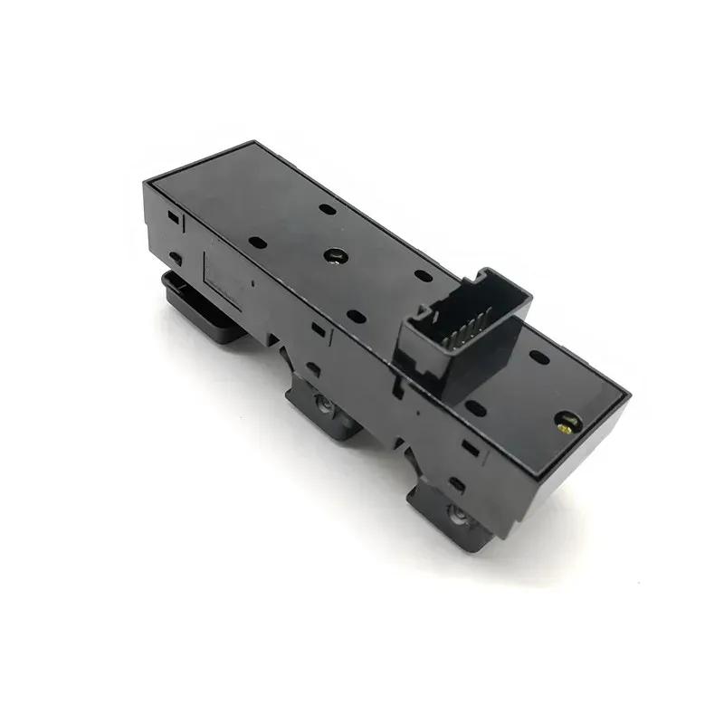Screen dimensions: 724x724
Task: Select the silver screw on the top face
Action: point(335,255)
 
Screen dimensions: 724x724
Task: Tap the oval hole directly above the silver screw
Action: point(328,209)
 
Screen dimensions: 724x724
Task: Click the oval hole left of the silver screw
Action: point(257,243)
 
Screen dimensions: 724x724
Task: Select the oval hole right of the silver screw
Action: point(422,274)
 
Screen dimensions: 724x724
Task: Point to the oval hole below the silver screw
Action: point(357,317)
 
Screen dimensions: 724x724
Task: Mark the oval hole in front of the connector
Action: point(474,408)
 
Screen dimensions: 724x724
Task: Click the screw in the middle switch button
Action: point(323,403)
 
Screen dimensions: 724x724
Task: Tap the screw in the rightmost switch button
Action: point(457,513)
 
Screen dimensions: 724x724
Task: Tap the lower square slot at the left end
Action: point(176,258)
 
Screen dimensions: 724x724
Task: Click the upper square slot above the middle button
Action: point(319,329)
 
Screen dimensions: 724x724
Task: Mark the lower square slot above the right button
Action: point(457,485)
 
